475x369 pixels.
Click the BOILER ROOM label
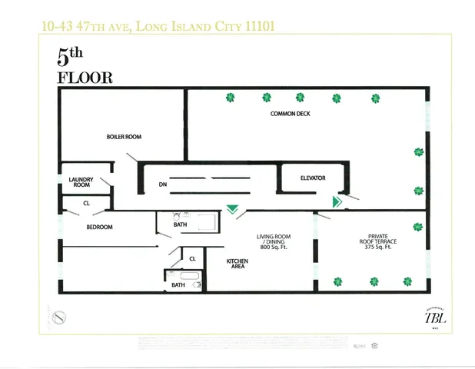pyautogui.click(x=124, y=137)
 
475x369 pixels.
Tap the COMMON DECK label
pyautogui.click(x=289, y=114)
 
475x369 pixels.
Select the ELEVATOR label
pyautogui.click(x=313, y=178)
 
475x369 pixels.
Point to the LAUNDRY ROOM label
pyautogui.click(x=81, y=182)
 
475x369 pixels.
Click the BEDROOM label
pyautogui.click(x=99, y=227)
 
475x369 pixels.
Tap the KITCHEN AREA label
pyautogui.click(x=237, y=264)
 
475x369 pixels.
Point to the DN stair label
pyautogui.click(x=163, y=185)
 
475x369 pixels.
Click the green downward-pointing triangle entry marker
pyautogui.click(x=232, y=208)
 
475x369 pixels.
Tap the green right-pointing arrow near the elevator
pyautogui.click(x=337, y=201)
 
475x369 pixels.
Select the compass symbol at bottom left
pyautogui.click(x=59, y=316)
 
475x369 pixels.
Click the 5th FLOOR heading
pyautogui.click(x=85, y=66)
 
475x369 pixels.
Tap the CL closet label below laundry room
pyautogui.click(x=87, y=204)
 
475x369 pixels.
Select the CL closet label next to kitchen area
pyautogui.click(x=192, y=259)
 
